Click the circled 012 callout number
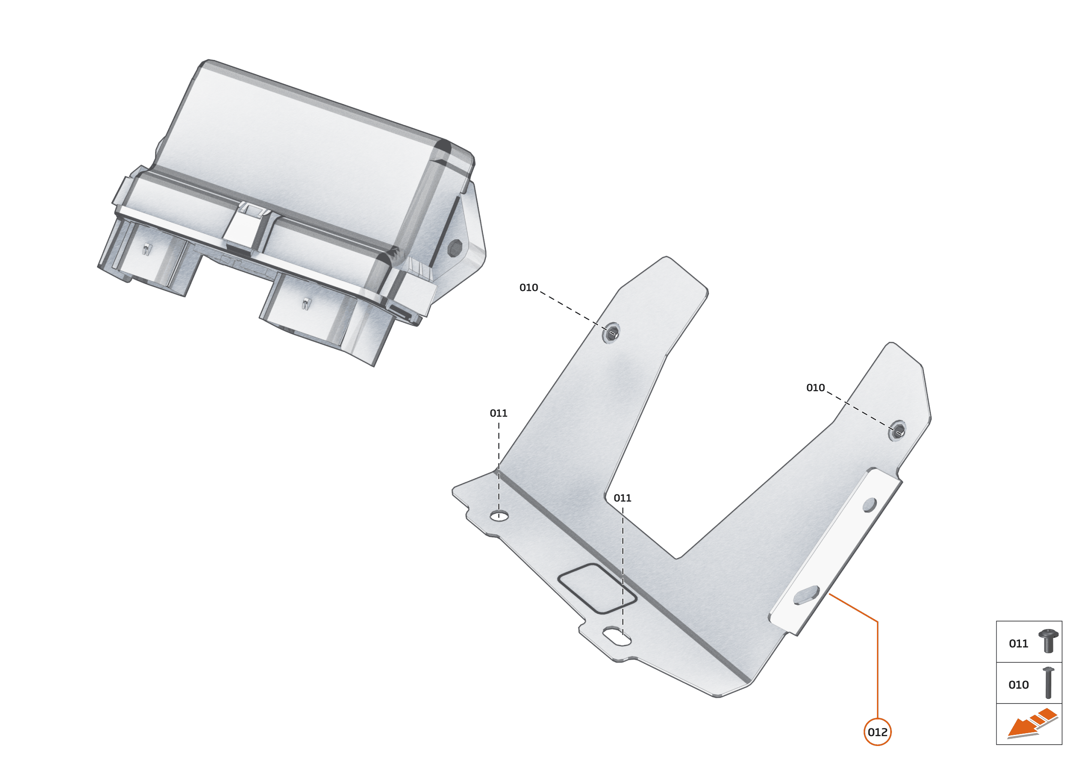[877, 732]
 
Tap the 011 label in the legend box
[1018, 644]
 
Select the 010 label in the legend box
[1018, 685]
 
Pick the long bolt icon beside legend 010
[1048, 683]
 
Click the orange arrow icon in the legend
[1031, 725]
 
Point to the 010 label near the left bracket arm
[529, 288]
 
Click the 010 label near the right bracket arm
[815, 387]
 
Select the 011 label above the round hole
[498, 413]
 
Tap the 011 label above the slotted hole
[622, 498]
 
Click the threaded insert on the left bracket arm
[611, 333]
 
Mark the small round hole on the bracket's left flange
[499, 516]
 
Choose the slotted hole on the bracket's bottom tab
[616, 636]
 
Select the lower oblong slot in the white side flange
[806, 595]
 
